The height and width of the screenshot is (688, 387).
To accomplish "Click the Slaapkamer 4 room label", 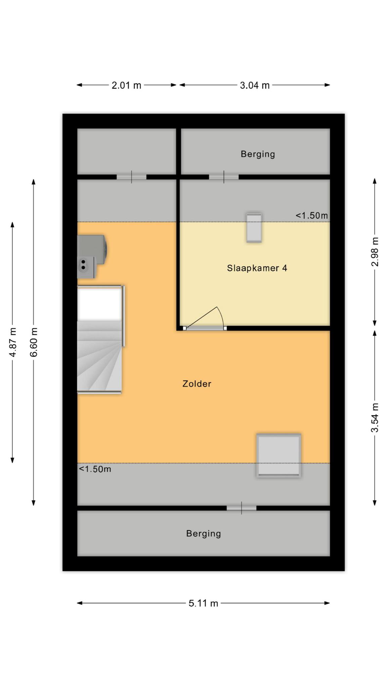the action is coord(257,268).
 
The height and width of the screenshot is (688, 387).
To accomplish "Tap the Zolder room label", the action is coord(197,384).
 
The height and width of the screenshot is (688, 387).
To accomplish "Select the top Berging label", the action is coord(258,154).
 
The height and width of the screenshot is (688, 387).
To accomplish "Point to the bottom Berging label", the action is coord(204,533).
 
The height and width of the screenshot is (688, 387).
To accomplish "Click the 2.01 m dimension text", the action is coord(126,85).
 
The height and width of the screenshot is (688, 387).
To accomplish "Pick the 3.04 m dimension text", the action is coord(255,85).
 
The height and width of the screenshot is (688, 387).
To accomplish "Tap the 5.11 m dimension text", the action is coord(203,603).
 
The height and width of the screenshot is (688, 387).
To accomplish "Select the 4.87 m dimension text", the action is coord(13,342).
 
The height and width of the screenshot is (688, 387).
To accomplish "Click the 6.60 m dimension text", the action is coord(34,342).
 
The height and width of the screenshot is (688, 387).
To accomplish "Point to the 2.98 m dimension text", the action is coord(375,252).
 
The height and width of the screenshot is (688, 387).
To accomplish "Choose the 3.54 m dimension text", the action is coord(375,418).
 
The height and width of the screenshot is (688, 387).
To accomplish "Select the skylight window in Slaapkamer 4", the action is coord(254,227).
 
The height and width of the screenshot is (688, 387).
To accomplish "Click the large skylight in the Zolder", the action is coord(278,455).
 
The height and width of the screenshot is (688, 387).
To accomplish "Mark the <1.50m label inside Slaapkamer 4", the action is coord(312,215).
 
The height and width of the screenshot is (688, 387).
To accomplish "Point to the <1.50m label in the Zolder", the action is coord(95,469).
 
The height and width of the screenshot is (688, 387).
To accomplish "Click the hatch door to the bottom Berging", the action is coord(242,508).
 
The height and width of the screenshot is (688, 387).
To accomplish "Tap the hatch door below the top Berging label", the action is coord(224,177).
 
